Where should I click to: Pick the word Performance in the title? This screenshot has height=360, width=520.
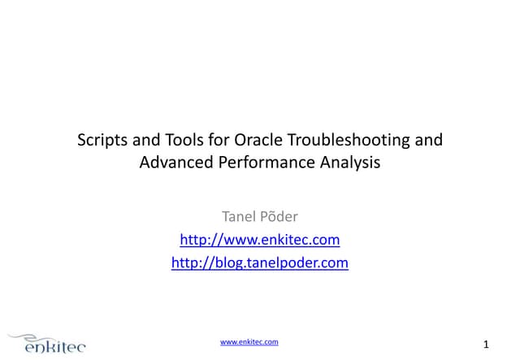tap(256, 163)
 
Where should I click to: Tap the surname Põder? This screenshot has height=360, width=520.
tap(280, 217)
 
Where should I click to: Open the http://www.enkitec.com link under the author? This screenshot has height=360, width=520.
tap(259, 240)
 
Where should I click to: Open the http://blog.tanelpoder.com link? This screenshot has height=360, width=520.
tap(259, 262)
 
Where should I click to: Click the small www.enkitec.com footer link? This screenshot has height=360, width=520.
tap(249, 342)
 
